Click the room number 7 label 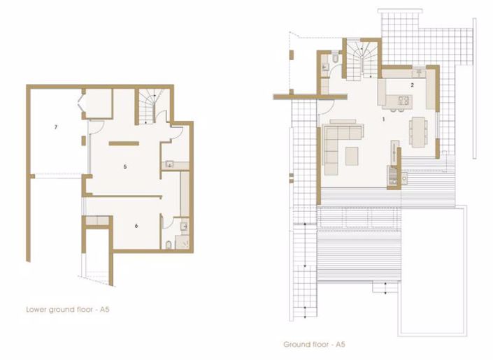56,127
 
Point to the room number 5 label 125,166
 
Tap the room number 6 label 136,226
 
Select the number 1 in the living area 383,120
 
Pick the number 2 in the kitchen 412,85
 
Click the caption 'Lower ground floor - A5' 68,310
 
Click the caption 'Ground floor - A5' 314,345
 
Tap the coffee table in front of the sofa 352,157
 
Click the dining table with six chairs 418,132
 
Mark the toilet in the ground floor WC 335,57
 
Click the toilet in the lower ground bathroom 169,245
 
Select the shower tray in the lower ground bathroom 183,242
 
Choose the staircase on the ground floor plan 362,62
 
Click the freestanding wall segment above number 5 124,144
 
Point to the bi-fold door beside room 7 80,102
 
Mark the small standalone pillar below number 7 83,141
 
